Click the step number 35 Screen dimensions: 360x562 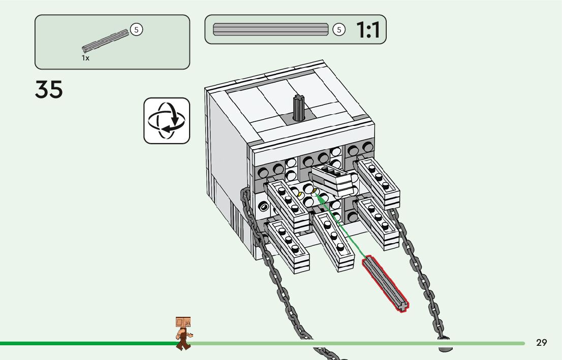[49, 89]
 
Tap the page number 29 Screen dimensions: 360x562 [542, 343]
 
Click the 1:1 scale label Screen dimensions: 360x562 [368, 30]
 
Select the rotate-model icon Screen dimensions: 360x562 [167, 121]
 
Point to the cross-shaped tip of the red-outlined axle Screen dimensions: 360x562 [402, 306]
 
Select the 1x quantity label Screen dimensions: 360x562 [85, 58]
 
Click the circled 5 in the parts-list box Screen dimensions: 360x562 [136, 29]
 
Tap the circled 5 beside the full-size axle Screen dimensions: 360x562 [339, 29]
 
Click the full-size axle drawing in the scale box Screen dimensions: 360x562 [270, 29]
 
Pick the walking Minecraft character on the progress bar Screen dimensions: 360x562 [183, 333]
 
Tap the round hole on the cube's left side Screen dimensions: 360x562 [263, 206]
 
